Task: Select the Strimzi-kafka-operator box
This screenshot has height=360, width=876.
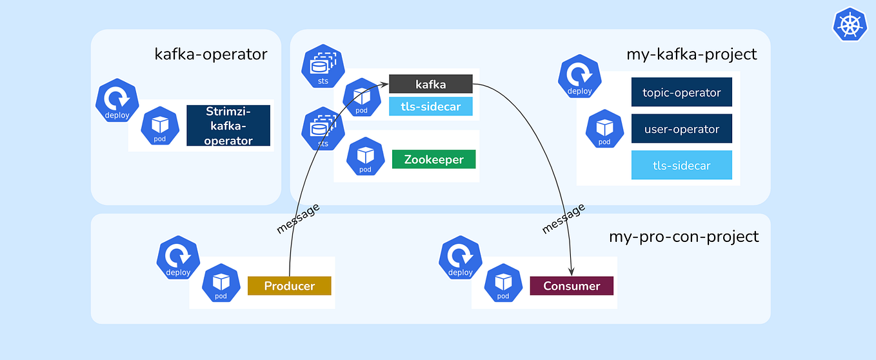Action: [228, 126]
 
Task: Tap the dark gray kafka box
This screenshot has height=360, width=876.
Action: [430, 84]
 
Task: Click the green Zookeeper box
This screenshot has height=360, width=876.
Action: [433, 159]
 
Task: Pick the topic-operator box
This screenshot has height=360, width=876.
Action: [681, 92]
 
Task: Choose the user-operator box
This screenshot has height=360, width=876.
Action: [681, 129]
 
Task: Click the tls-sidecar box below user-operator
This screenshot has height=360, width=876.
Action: [681, 165]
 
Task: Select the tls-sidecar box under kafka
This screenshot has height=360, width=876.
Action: [430, 106]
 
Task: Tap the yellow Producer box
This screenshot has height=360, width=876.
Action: [289, 286]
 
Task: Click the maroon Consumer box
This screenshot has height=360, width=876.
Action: [571, 286]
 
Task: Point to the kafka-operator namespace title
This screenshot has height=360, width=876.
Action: [210, 54]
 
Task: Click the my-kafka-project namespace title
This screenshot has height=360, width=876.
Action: [692, 54]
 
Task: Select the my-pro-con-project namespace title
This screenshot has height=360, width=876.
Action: [684, 236]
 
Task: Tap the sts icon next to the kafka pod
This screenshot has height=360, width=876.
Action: [323, 66]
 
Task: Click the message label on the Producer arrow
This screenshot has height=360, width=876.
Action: [298, 219]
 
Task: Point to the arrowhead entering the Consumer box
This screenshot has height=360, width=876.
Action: [572, 274]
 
